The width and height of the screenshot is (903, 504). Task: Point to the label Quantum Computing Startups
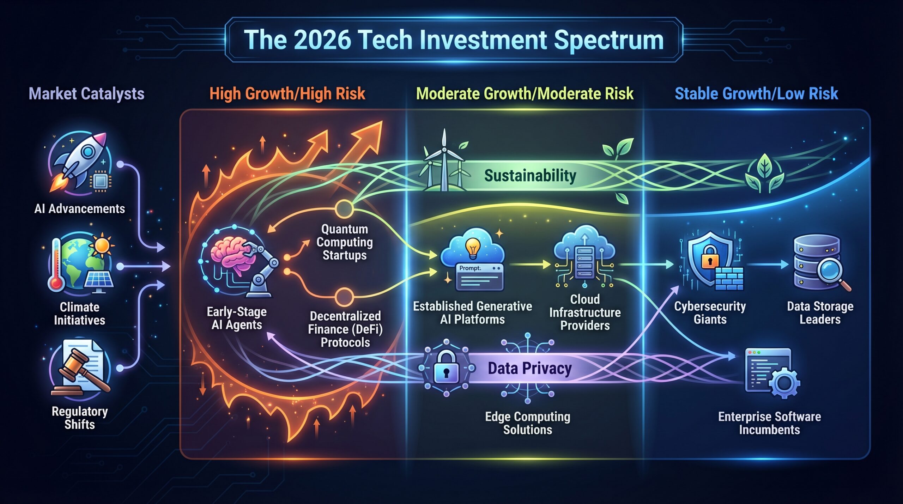345,242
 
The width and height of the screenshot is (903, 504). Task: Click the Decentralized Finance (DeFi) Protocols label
345,329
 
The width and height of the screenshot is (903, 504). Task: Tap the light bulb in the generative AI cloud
473,247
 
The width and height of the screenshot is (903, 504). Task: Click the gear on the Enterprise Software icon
784,383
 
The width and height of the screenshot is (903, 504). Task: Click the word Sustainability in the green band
530,176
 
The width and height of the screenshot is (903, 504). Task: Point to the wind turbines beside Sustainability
444,162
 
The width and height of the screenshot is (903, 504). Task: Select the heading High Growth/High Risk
287,94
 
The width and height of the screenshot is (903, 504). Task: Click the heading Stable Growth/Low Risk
756,94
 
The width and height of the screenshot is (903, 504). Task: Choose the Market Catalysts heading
86,94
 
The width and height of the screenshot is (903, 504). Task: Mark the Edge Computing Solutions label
528,423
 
